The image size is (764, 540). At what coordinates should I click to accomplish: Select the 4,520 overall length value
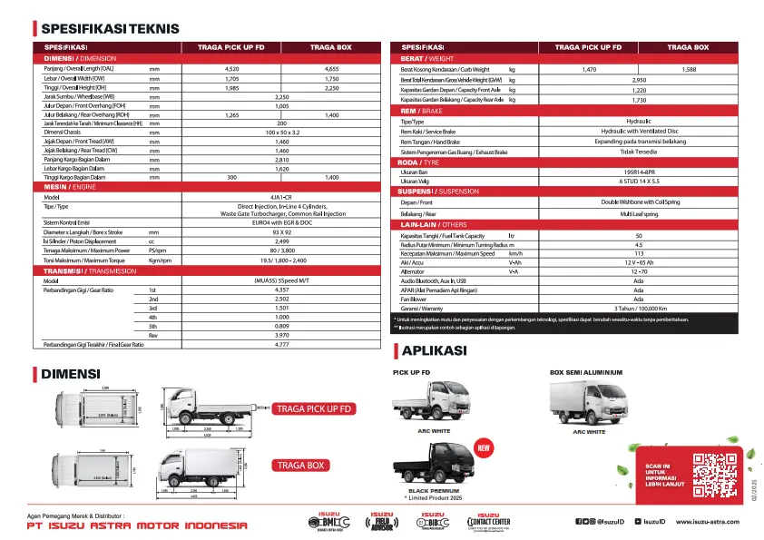231,69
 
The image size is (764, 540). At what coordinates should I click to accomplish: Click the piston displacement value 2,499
281,241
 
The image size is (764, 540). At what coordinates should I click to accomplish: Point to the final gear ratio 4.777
281,345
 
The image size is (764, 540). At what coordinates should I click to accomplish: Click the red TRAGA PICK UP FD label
314,409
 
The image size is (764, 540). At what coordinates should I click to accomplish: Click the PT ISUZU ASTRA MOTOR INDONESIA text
137,526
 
